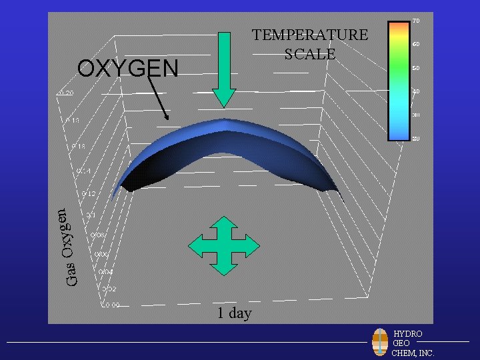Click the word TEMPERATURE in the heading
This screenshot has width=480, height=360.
coord(309,35)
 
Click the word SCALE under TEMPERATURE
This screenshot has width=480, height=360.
coord(309,54)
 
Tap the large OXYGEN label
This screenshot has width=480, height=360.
coord(128,68)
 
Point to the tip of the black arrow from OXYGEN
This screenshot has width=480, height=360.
coord(169,119)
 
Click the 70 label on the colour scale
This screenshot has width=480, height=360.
coord(415,21)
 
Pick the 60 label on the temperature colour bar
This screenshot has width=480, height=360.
coord(415,44)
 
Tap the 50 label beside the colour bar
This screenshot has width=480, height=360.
coord(415,68)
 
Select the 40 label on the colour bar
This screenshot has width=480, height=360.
coord(415,91)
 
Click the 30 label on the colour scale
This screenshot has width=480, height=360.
coord(415,115)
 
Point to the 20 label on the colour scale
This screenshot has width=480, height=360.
coord(415,138)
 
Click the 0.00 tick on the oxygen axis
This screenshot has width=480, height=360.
coord(111,305)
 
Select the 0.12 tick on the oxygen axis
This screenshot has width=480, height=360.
coord(89,194)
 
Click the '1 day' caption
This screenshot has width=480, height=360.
coord(234,313)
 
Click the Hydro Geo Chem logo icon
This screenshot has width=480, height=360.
coord(380,342)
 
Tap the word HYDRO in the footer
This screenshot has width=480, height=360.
coord(407,333)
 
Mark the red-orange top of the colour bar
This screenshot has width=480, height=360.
coord(398,25)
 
